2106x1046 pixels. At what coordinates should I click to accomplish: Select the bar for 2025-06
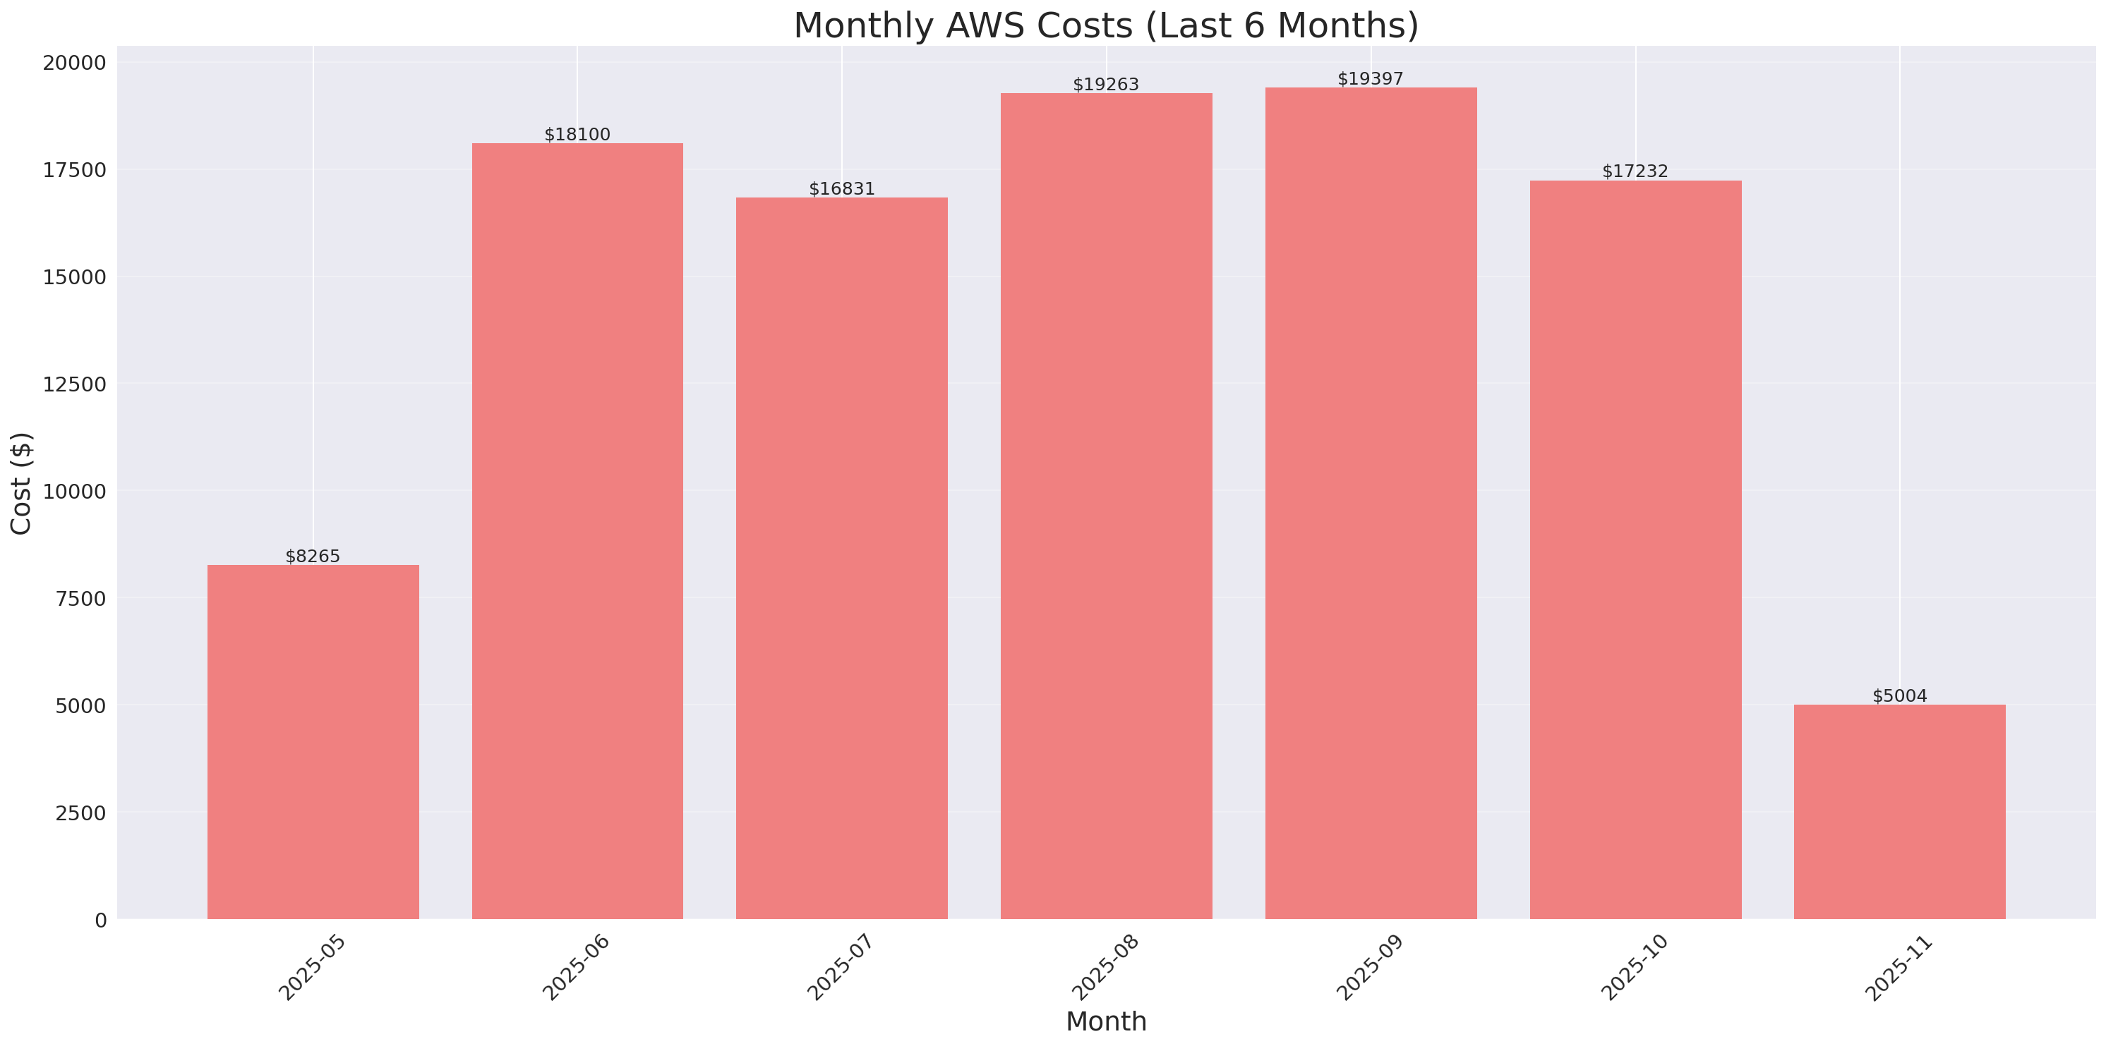coord(577,531)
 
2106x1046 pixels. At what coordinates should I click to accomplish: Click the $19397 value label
coord(1370,79)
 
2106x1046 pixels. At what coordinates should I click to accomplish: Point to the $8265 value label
coord(313,557)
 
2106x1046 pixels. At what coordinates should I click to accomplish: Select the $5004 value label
coord(1899,696)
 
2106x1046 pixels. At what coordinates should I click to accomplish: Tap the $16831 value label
coord(841,189)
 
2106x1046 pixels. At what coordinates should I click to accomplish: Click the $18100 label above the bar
coord(577,135)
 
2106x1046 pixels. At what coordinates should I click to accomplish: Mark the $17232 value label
coord(1635,171)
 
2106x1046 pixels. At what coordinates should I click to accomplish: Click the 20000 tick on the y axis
coord(74,63)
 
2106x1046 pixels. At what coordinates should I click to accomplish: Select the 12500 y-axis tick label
coord(74,384)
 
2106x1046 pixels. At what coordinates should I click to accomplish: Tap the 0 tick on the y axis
coord(100,920)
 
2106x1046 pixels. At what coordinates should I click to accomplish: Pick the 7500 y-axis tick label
coord(80,598)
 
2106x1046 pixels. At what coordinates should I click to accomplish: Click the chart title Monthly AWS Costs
coord(1105,25)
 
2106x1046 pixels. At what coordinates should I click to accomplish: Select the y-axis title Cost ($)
coord(21,483)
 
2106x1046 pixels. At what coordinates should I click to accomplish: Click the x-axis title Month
coord(1105,1021)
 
